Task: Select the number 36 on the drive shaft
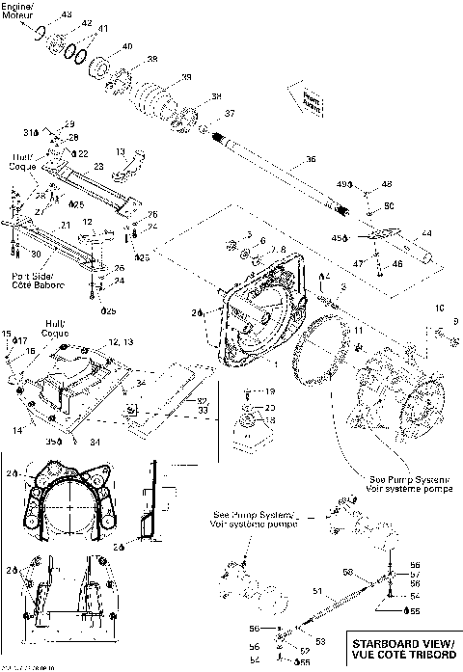click(310, 161)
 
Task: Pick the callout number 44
click(426, 234)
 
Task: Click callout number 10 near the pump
click(438, 308)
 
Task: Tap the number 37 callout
click(230, 114)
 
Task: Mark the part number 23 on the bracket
click(98, 165)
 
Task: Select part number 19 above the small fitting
click(271, 391)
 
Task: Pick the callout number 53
click(319, 641)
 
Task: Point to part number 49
click(368, 183)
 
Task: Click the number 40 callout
click(127, 47)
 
